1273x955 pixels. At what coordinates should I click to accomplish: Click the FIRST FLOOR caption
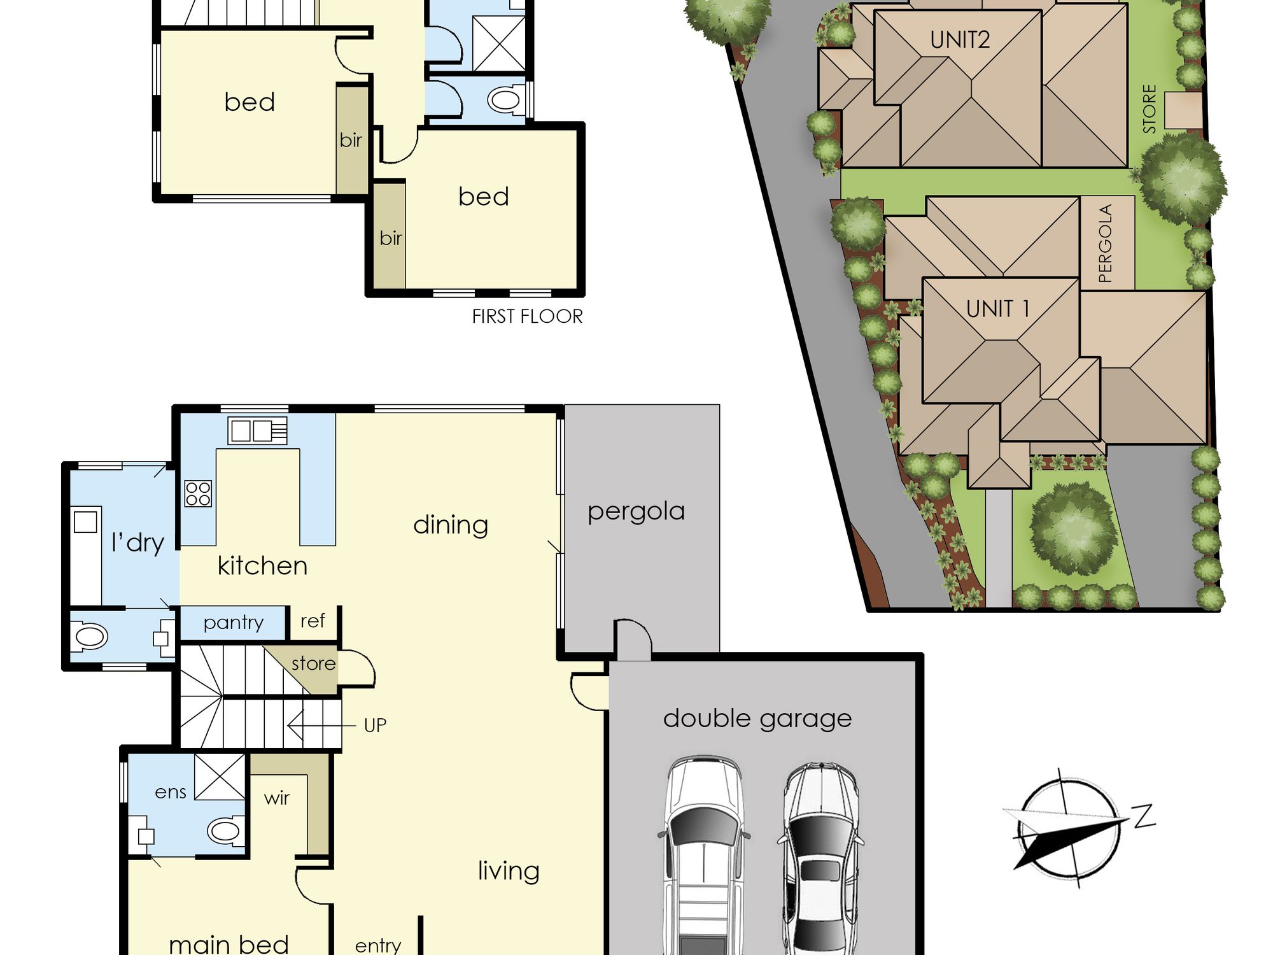[x=527, y=316]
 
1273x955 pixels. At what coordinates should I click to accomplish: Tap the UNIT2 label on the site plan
[x=960, y=40]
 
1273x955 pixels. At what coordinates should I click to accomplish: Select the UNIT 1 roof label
[x=997, y=309]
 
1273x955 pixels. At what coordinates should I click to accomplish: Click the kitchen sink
[x=258, y=430]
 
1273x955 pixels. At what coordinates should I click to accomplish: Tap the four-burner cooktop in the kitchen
[x=198, y=493]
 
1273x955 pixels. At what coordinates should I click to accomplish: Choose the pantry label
[x=234, y=622]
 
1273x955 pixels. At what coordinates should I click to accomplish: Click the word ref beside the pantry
[x=313, y=621]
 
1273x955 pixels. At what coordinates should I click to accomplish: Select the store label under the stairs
[x=313, y=663]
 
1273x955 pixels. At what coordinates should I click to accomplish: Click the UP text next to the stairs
[x=375, y=725]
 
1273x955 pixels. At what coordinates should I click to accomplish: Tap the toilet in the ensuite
[x=225, y=831]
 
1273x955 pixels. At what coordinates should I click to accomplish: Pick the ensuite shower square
[x=220, y=777]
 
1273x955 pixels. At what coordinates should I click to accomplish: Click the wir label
[x=277, y=798]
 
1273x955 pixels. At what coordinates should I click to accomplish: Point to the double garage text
[x=757, y=719]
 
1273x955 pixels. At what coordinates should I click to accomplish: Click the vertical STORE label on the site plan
[x=1150, y=109]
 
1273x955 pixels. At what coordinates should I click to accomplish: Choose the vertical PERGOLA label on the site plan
[x=1106, y=243]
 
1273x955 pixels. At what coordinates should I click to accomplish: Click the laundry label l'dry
[x=137, y=543]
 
